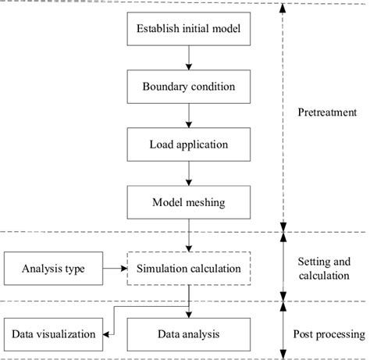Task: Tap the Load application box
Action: (188, 144)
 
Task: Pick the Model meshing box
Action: (188, 201)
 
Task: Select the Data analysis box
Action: (188, 333)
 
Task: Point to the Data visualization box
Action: (53, 333)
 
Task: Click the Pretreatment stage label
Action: (328, 112)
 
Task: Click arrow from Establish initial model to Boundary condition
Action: (188, 59)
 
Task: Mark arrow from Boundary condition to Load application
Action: (188, 116)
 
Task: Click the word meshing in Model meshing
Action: (205, 201)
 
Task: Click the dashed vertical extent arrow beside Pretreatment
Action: (283, 117)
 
